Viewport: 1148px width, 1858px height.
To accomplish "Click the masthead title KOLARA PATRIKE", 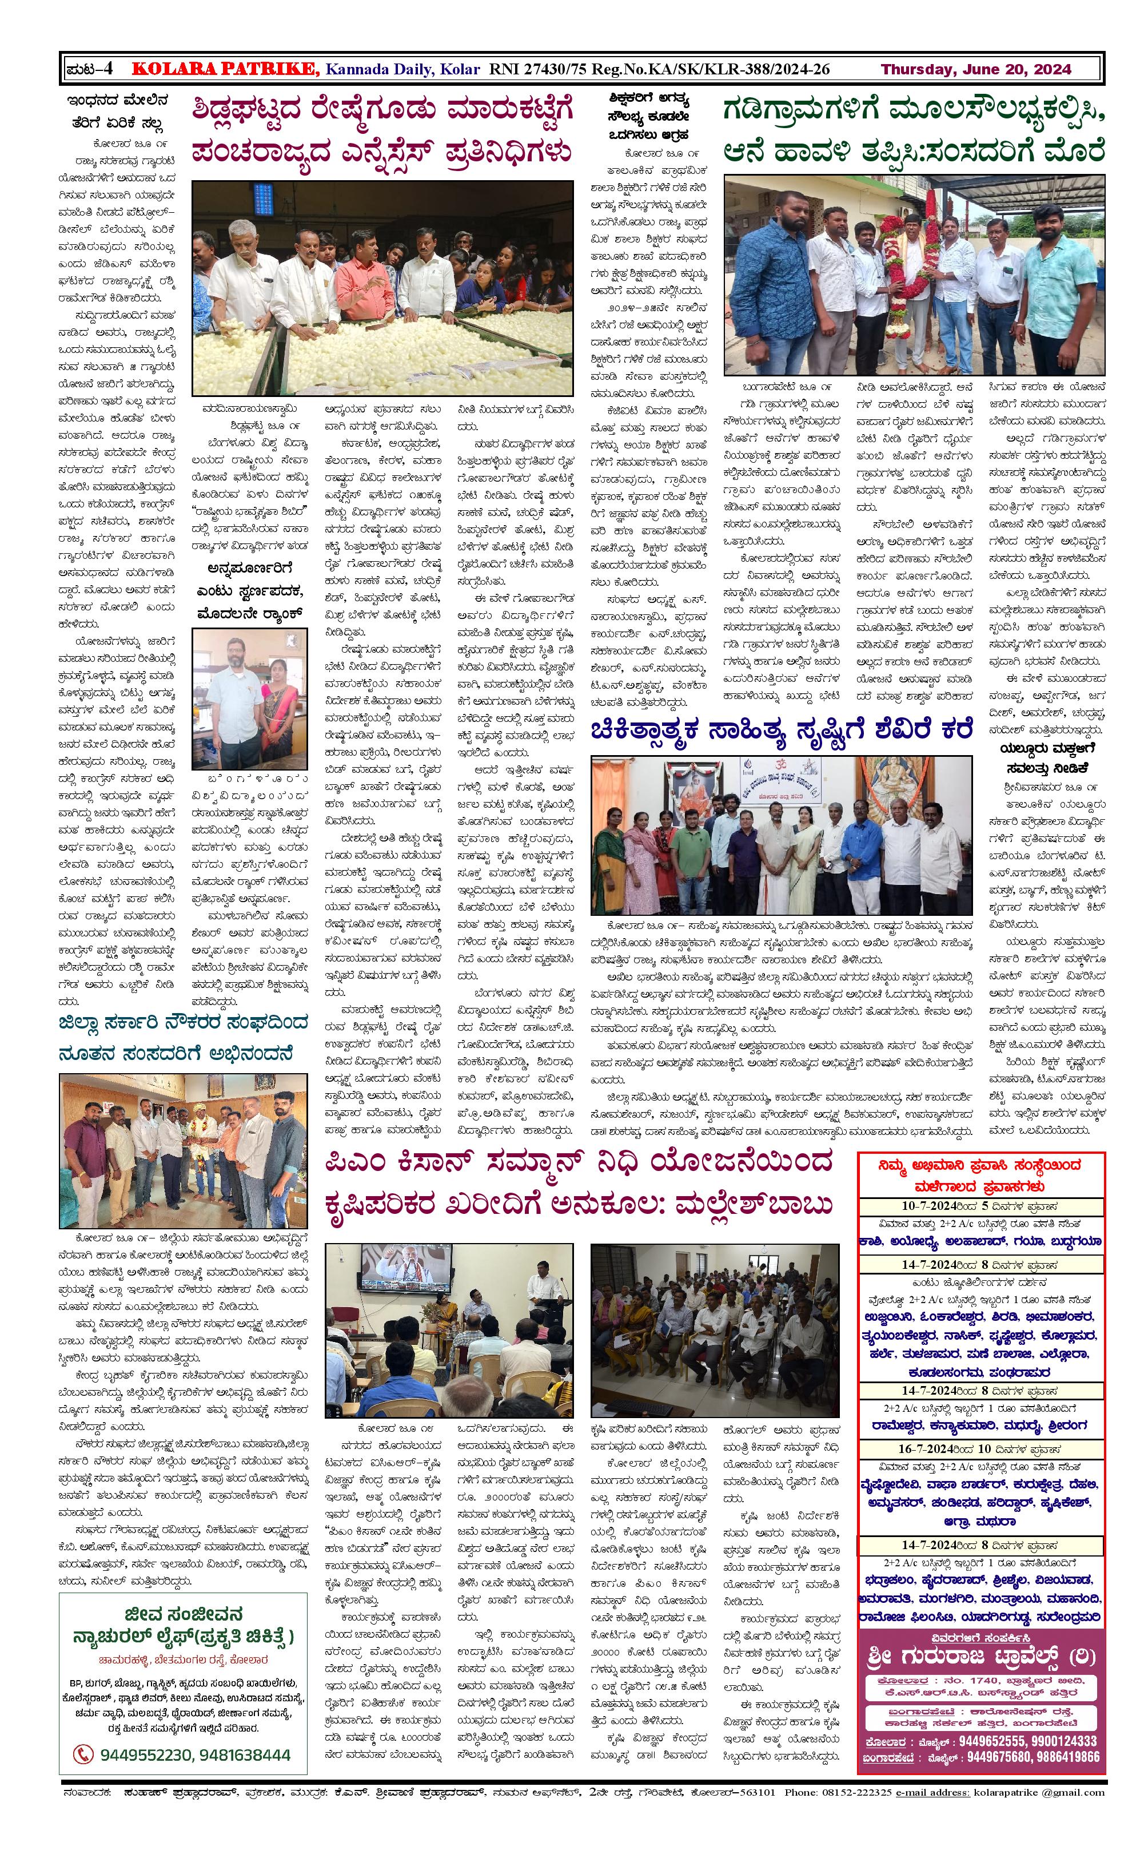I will click(x=225, y=70).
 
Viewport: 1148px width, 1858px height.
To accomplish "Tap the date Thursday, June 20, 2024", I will click(x=976, y=70).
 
